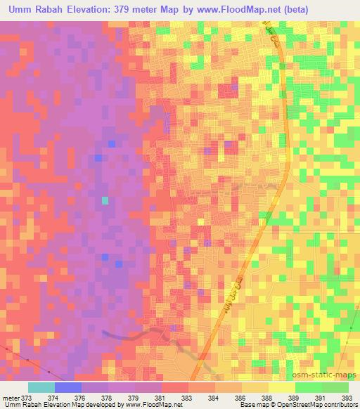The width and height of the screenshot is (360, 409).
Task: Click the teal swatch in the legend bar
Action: (41, 387)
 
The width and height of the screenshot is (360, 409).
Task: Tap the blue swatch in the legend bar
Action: (67, 387)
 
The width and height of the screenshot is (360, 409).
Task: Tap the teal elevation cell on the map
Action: (105, 200)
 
